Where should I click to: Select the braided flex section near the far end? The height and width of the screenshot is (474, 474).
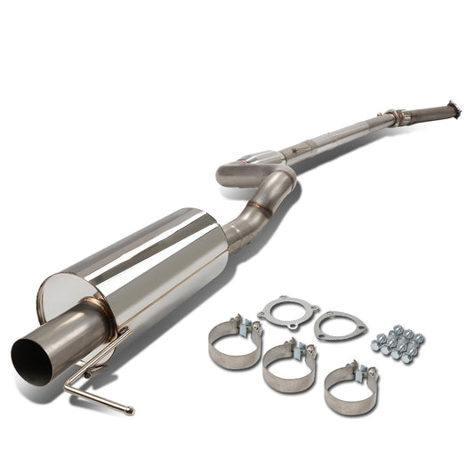(x=395, y=116)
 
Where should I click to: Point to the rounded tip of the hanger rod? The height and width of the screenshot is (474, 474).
(x=130, y=411)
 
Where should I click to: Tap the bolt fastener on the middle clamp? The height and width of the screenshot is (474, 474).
(x=310, y=348)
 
